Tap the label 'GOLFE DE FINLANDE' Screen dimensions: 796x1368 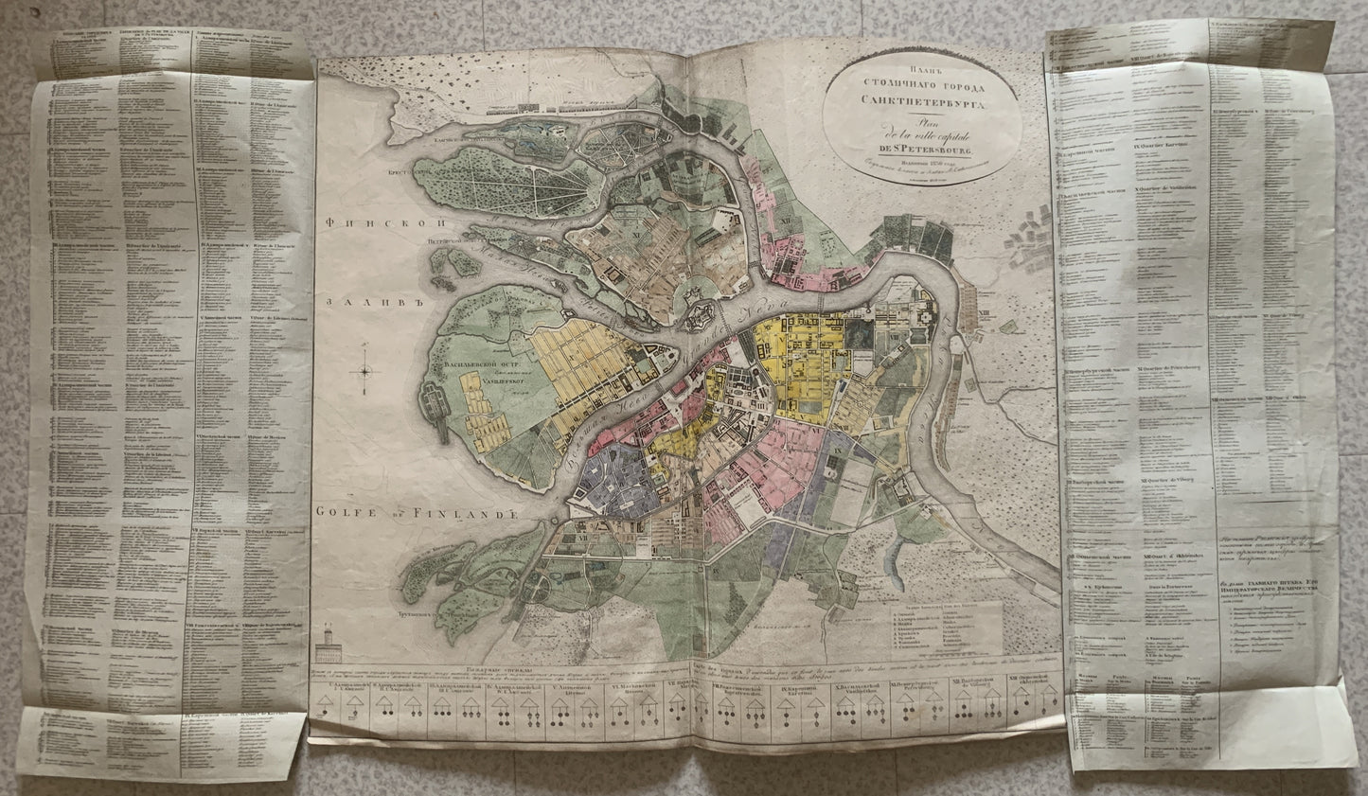[414, 514]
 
